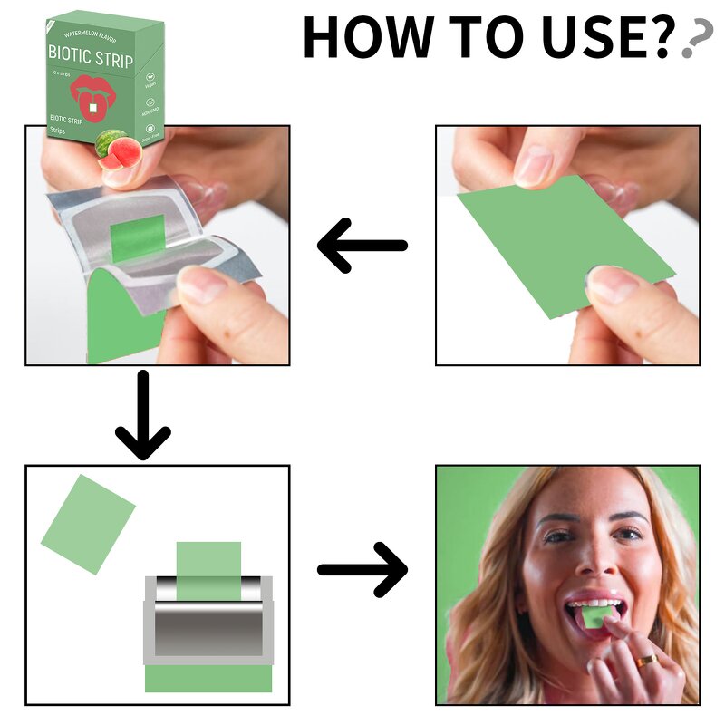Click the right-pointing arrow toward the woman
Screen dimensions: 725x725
tap(362, 569)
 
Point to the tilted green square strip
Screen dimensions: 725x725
tap(88, 524)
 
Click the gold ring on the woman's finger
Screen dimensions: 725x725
tap(646, 662)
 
